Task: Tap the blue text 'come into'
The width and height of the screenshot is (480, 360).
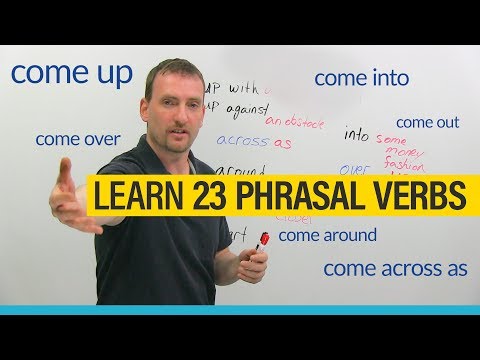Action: coord(361,77)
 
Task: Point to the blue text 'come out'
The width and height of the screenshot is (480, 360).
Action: coord(427,122)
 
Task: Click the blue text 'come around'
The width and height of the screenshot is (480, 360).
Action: coord(327,235)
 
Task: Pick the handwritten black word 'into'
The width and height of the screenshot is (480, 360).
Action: coord(356,133)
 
